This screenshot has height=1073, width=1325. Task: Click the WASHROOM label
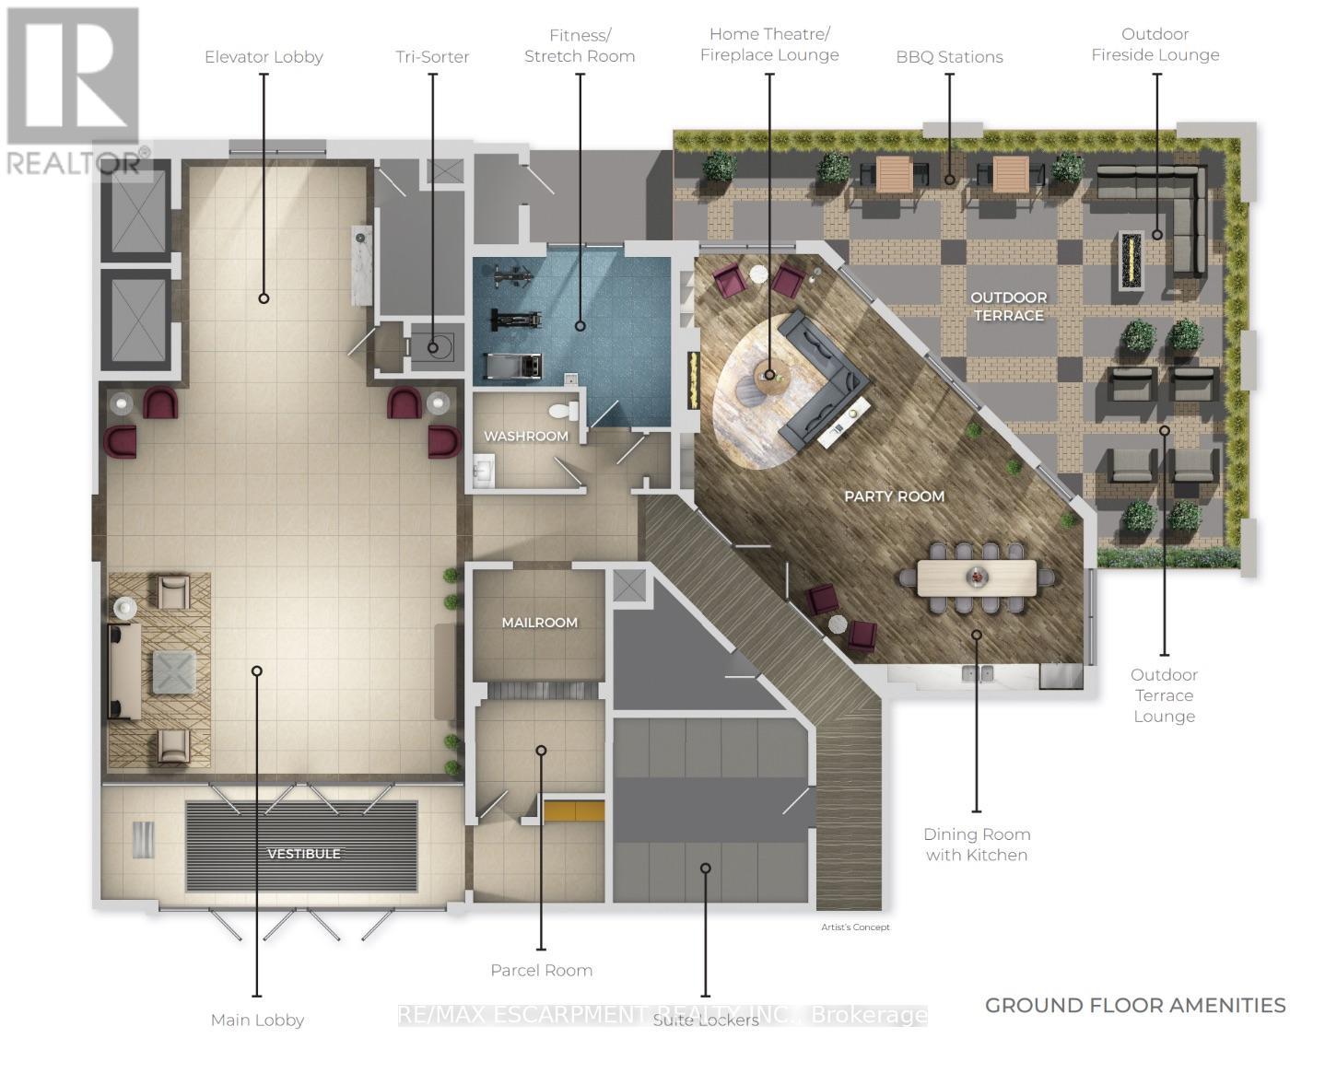pyautogui.click(x=525, y=436)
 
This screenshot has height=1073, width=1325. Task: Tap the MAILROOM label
pyautogui.click(x=539, y=623)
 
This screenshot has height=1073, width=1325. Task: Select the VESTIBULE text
pyautogui.click(x=303, y=854)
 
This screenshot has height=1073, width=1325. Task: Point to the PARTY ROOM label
pyautogui.click(x=894, y=496)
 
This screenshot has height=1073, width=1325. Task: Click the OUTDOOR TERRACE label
pyautogui.click(x=1008, y=307)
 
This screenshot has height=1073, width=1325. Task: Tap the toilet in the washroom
pyautogui.click(x=564, y=410)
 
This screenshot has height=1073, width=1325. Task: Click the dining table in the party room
pyautogui.click(x=977, y=577)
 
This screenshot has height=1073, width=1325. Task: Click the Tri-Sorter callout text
pyautogui.click(x=432, y=56)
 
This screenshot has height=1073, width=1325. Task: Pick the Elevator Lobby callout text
pyautogui.click(x=264, y=56)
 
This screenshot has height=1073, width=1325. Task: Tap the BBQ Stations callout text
pyautogui.click(x=949, y=56)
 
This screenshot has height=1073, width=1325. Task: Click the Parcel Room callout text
pyautogui.click(x=541, y=970)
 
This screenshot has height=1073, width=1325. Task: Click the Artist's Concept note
pyautogui.click(x=855, y=927)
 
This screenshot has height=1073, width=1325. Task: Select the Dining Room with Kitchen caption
pyautogui.click(x=977, y=845)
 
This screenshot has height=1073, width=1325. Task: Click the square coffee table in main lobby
pyautogui.click(x=174, y=671)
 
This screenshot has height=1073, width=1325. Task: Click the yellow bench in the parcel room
pyautogui.click(x=573, y=811)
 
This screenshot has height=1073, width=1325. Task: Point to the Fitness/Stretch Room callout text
pyautogui.click(x=580, y=45)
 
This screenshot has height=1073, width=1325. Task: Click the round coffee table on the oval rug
pyautogui.click(x=772, y=376)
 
